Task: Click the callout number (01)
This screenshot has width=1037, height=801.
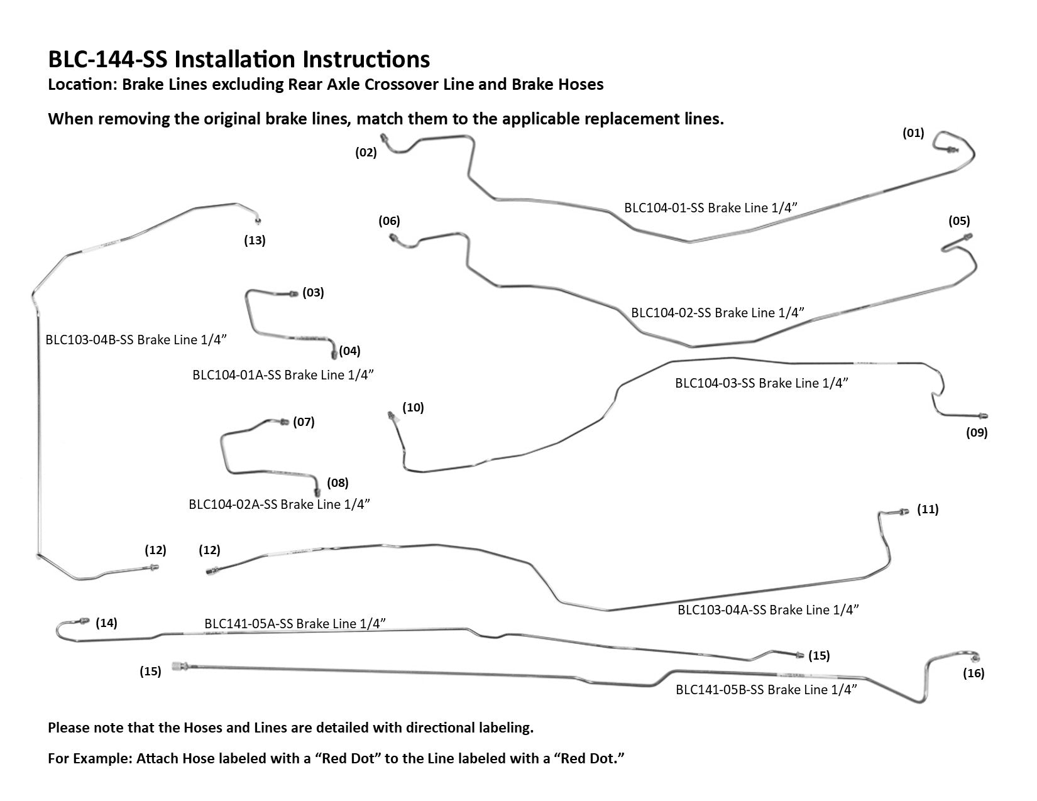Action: [913, 133]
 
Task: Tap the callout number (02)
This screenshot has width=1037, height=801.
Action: [366, 152]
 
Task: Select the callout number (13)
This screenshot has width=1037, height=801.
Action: [255, 240]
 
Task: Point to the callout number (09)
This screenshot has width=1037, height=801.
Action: [977, 432]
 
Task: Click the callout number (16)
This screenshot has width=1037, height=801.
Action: [974, 673]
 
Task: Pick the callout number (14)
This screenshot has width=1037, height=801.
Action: [106, 623]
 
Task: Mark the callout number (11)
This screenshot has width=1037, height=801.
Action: [928, 509]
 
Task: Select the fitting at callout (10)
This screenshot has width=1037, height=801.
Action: [392, 415]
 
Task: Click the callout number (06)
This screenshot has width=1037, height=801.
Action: [389, 221]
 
